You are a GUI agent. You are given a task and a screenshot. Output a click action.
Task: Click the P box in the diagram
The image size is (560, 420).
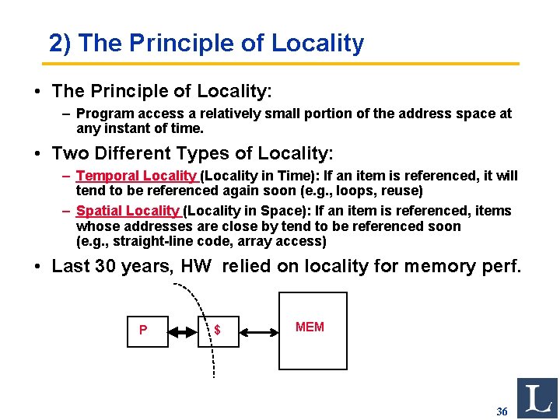pos(147,330)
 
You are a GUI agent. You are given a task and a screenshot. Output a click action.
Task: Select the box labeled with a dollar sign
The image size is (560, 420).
pos(217,330)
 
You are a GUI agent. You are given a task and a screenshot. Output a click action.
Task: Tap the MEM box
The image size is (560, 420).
pos(313,330)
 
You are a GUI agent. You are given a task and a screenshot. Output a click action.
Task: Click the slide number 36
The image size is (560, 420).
pos(502,411)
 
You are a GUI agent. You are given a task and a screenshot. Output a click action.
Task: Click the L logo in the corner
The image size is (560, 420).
pos(537,397)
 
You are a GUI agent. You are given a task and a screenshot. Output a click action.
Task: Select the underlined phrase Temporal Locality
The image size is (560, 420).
pos(138,176)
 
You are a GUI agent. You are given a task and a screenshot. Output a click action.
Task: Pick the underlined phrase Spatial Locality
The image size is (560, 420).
pos(128,211)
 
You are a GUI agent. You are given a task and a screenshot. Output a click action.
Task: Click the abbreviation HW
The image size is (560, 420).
pos(196,266)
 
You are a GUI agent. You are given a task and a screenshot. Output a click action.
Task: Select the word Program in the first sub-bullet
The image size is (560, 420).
pos(102,114)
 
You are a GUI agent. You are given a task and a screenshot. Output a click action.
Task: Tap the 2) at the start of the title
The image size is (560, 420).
pos(60,44)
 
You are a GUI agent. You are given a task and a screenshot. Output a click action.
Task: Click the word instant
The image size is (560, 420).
pos(124,128)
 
